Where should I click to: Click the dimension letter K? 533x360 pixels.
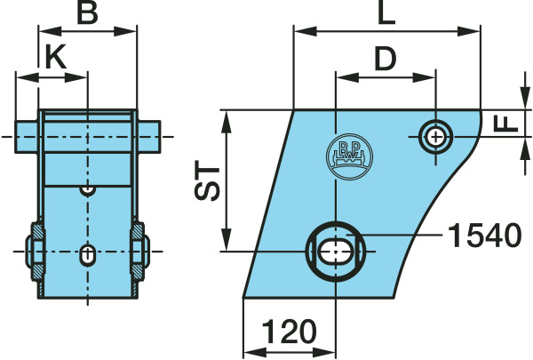point(55,58)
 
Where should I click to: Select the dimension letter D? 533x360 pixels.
point(385,59)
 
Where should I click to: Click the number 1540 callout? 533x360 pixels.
point(483,236)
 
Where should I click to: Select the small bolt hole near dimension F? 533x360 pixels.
point(434,136)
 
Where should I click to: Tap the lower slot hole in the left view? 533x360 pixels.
point(86,253)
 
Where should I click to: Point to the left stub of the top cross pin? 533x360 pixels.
point(26,136)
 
